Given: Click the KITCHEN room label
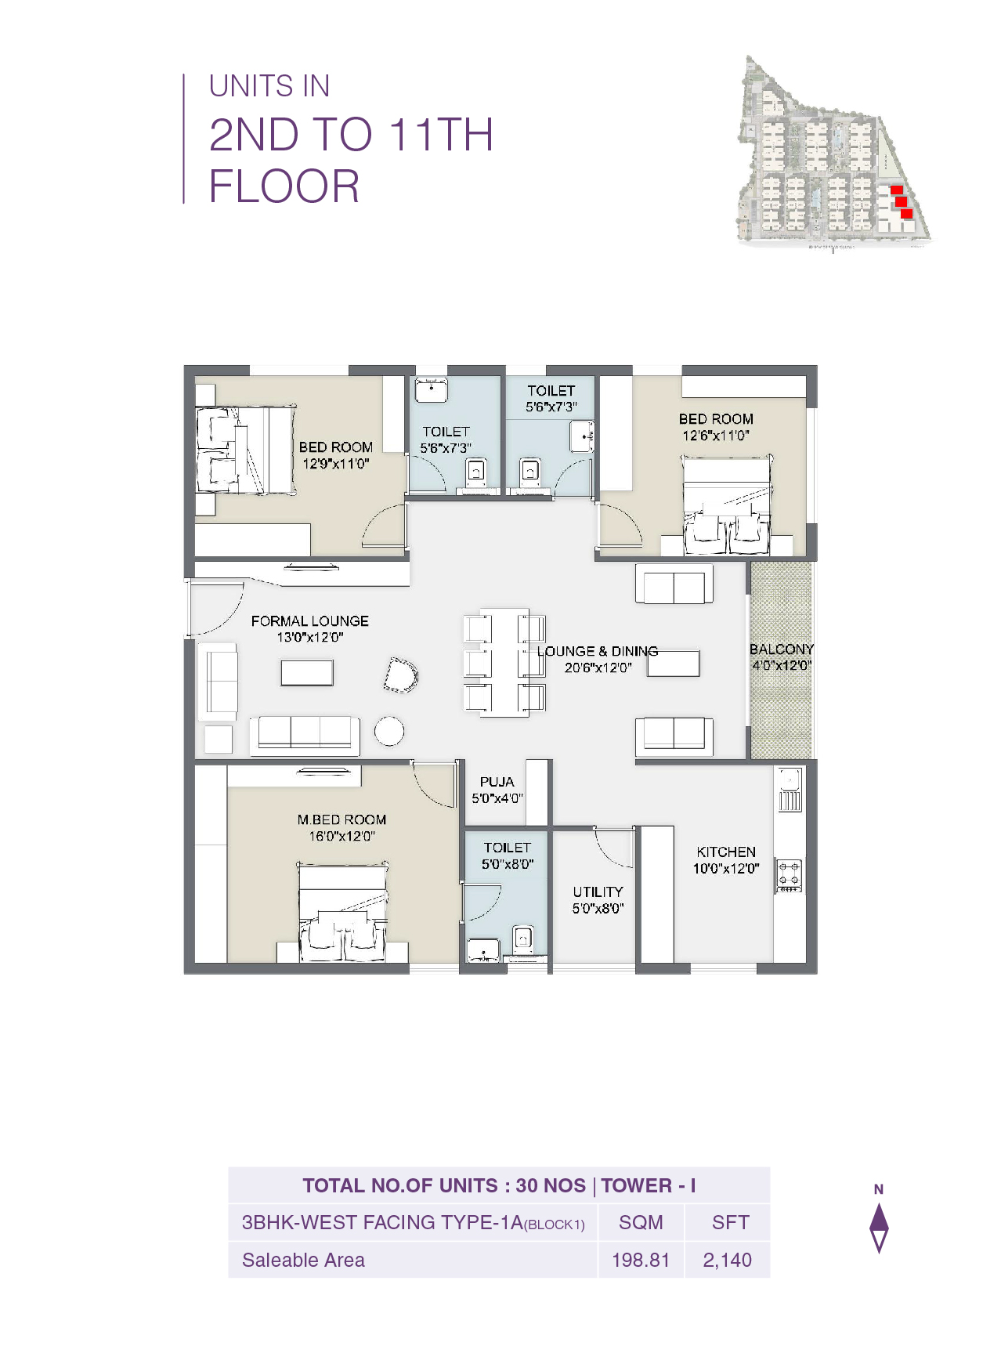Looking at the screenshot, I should click(x=726, y=852).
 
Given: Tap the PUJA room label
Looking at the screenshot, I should click(x=497, y=782).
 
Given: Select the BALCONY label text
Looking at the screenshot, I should click(x=781, y=649).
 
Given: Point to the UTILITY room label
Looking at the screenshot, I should click(x=598, y=892).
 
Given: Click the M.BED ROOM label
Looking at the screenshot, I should click(x=341, y=819).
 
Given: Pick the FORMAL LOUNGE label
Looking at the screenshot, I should click(x=309, y=620).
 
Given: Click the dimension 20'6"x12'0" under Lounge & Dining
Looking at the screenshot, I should click(x=598, y=668).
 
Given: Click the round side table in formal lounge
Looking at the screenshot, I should click(x=389, y=731).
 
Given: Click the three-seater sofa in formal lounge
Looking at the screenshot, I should click(x=305, y=734).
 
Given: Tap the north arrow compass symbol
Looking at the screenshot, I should click(x=879, y=1226).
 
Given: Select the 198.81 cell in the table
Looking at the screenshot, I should click(x=641, y=1260).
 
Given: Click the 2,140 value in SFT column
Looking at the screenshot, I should click(x=727, y=1260).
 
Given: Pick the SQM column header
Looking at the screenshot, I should click(x=641, y=1222).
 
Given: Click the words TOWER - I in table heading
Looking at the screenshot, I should click(x=649, y=1185).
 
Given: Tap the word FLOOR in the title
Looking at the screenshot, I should click(x=284, y=186).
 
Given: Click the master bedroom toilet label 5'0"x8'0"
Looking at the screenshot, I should click(x=508, y=864).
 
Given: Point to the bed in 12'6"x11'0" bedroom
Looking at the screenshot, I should click(x=726, y=505).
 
